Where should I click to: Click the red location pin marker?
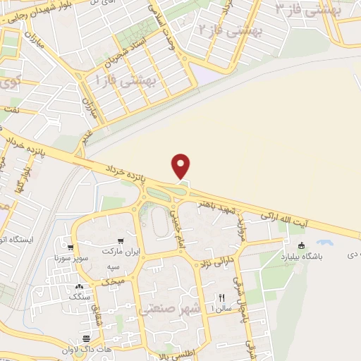(182, 166)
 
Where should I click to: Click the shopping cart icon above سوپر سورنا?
(71, 247)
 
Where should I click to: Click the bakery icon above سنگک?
(79, 288)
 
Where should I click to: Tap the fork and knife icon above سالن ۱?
(221, 298)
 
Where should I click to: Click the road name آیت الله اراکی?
(285, 216)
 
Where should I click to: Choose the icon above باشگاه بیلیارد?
(302, 245)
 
